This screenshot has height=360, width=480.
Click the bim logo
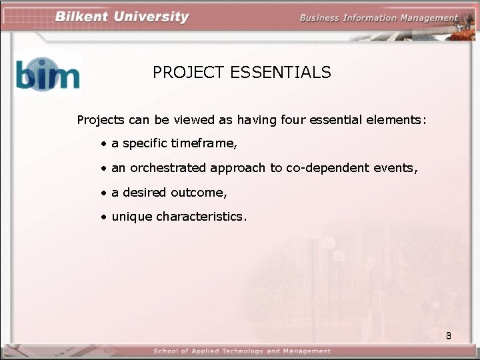[47, 74]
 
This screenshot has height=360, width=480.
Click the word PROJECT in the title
[189, 73]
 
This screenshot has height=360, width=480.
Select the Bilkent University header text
[122, 17]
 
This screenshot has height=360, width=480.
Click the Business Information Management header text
[379, 18]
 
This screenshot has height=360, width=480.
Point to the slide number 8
[449, 335]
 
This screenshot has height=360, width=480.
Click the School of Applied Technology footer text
[241, 351]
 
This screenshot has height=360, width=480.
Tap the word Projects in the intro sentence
[101, 121]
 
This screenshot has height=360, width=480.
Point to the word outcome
[199, 193]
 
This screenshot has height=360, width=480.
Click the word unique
[131, 217]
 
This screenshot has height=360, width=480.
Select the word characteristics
[201, 217]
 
